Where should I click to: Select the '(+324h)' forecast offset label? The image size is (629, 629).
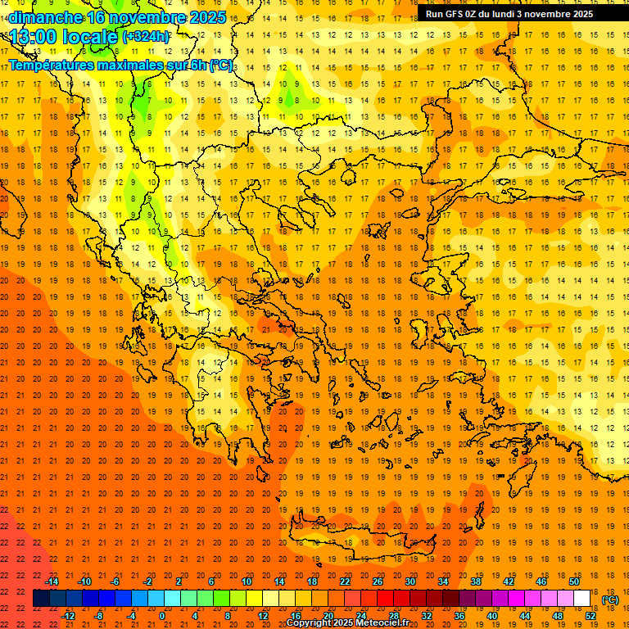[146, 36]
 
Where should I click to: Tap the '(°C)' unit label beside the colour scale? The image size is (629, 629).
[610, 600]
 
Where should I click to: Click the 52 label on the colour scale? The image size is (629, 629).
[591, 616]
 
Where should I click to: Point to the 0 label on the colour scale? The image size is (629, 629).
[162, 616]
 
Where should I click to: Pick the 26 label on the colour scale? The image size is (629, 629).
[378, 581]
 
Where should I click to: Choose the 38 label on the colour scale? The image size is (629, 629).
[476, 581]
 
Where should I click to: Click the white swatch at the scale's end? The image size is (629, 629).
[582, 599]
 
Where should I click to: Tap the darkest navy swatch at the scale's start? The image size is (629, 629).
[42, 599]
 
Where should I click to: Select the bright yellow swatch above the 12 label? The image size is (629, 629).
[255, 599]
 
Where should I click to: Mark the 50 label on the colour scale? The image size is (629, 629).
[574, 581]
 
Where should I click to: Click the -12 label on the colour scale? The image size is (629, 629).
[68, 616]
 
